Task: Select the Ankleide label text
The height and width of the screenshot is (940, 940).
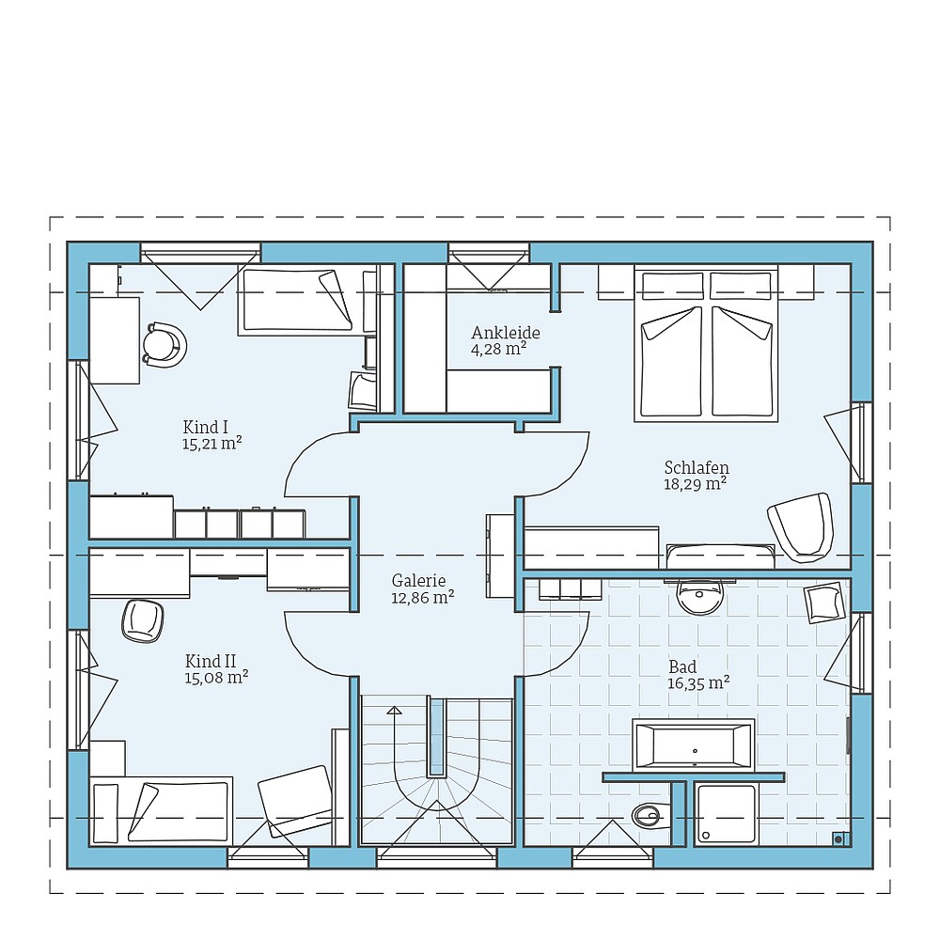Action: point(506,333)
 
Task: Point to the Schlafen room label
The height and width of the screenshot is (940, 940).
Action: point(697,467)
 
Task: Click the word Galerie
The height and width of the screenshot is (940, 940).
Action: point(418,580)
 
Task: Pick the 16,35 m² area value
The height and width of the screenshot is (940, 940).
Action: point(698,683)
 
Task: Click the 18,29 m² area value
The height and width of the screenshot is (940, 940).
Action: point(695,484)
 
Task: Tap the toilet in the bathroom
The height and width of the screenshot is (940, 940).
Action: point(648,815)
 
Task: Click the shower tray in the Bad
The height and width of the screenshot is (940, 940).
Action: point(726,814)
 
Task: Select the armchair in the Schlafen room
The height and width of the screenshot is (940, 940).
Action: point(801,526)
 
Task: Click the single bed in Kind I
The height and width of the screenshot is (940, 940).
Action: point(299,301)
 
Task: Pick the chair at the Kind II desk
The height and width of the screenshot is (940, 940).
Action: point(142,620)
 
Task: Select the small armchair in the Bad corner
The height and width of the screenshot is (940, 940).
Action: point(824,602)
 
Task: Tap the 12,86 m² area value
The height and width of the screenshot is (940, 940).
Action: point(423,597)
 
